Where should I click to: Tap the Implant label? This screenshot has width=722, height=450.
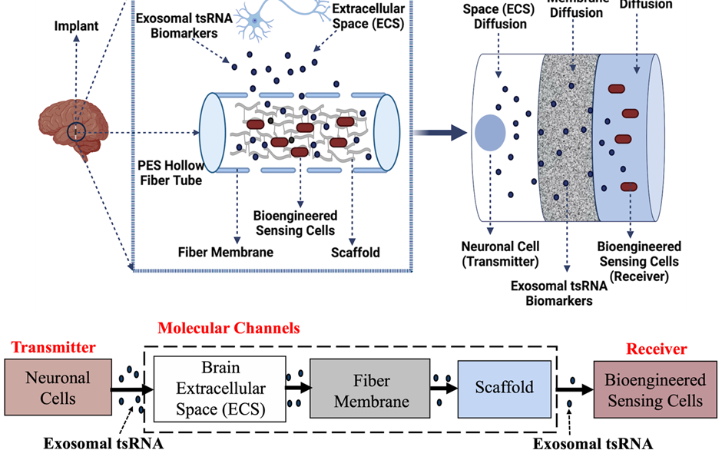pyautogui.click(x=76, y=26)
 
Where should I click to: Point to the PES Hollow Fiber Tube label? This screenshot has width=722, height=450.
pyautogui.click(x=170, y=174)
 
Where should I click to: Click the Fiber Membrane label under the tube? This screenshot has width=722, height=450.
pyautogui.click(x=225, y=252)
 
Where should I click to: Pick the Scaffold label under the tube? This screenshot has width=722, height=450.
pyautogui.click(x=355, y=252)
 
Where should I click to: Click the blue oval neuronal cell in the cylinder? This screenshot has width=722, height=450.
pyautogui.click(x=490, y=132)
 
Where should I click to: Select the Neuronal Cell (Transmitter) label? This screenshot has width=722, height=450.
pyautogui.click(x=500, y=254)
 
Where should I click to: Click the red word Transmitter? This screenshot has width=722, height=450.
pyautogui.click(x=53, y=347)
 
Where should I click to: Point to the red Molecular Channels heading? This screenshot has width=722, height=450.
pyautogui.click(x=228, y=329)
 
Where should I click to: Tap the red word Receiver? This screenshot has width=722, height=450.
pyautogui.click(x=656, y=349)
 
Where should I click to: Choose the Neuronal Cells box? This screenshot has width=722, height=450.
pyautogui.click(x=58, y=388)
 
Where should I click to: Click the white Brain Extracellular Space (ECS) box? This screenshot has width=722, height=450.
pyautogui.click(x=220, y=389)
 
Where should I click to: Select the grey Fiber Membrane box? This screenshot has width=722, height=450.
pyautogui.click(x=370, y=389)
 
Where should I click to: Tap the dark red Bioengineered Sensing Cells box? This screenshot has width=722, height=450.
pyautogui.click(x=654, y=390)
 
